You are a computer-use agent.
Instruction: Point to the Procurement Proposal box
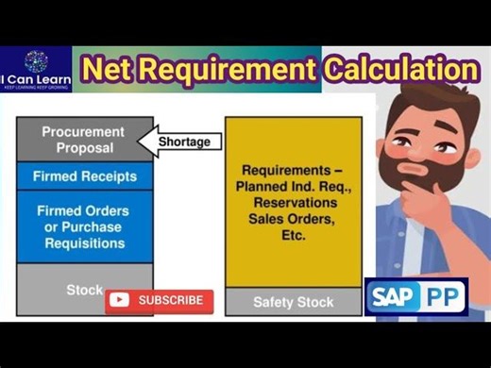coord(84,140)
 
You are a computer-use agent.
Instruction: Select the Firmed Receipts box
coord(84,176)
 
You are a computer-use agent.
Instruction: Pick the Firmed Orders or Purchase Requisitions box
coord(84,226)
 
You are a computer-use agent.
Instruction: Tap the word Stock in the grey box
coord(84,290)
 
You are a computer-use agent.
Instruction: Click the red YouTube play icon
coord(119,300)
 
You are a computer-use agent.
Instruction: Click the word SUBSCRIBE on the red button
coord(171,300)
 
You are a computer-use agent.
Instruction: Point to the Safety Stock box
coord(293,303)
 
